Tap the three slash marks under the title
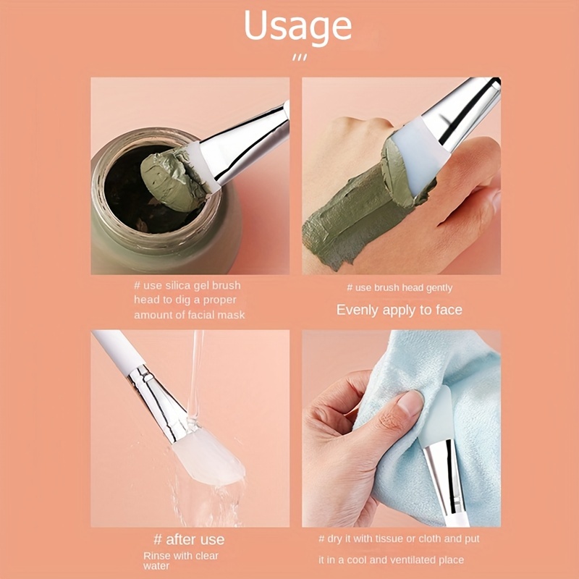(300, 58)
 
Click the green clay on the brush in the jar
(173, 178)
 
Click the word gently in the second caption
(438, 288)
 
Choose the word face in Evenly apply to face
(449, 310)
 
